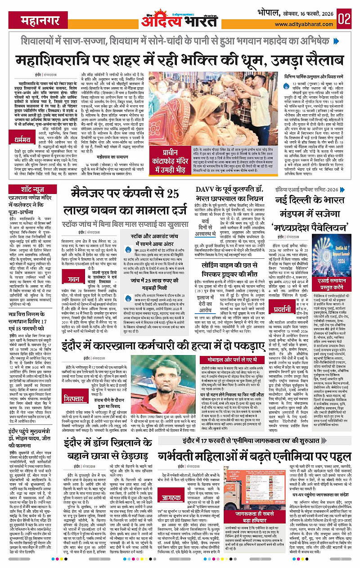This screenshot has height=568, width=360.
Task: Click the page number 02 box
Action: tap(345, 18)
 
